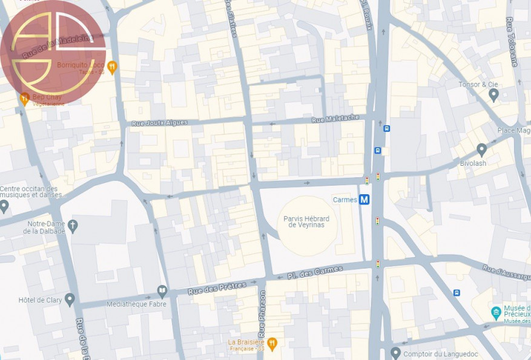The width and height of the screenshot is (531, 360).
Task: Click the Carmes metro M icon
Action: (x=364, y=200)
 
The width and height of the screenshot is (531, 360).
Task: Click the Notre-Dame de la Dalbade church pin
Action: (x=73, y=226)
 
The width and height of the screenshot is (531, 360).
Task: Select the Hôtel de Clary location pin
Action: (x=70, y=299)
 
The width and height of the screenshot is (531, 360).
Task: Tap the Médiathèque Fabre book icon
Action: (x=162, y=292)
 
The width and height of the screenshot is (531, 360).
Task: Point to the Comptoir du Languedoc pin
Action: (x=395, y=352)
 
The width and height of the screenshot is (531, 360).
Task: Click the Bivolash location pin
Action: (x=482, y=149)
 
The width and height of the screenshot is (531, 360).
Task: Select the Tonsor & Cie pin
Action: (x=493, y=94)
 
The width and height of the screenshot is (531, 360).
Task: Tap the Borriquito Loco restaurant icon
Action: (x=111, y=65)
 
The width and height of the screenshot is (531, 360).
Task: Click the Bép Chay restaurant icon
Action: (x=24, y=97)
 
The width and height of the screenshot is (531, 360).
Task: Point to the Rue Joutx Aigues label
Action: (x=160, y=123)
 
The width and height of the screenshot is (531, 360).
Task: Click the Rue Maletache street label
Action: (x=335, y=119)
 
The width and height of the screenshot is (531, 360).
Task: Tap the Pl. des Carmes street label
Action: (x=315, y=272)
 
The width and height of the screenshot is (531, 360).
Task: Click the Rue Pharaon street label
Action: (x=262, y=321)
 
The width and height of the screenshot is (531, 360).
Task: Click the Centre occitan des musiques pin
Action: (x=4, y=206)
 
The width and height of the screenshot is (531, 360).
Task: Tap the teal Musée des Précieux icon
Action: (x=496, y=313)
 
